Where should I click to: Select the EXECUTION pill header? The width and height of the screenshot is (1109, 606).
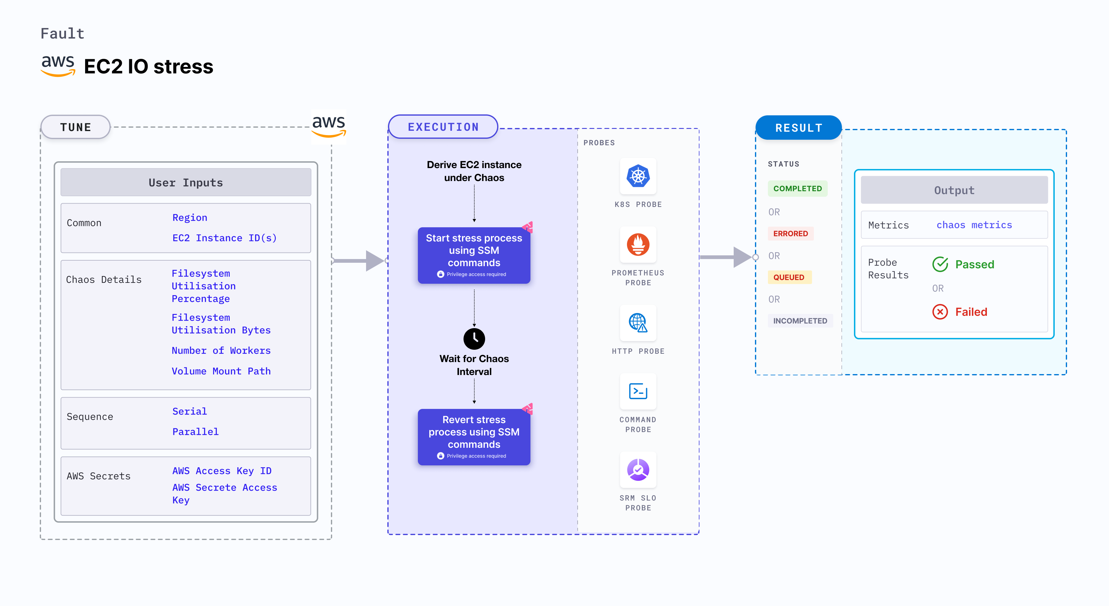tap(443, 127)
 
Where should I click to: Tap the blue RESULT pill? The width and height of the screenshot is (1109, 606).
tap(799, 128)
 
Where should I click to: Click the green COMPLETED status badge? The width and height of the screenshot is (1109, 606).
tap(797, 188)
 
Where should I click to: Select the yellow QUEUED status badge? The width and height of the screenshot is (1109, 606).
tap(789, 277)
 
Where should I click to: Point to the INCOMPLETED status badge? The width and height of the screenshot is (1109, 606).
tap(800, 321)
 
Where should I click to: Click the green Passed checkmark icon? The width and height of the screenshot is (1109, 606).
tap(940, 264)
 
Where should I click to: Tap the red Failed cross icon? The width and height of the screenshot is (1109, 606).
tap(940, 311)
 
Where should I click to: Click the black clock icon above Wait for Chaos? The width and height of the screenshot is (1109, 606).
tap(474, 339)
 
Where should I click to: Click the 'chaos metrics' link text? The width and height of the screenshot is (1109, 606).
tap(974, 225)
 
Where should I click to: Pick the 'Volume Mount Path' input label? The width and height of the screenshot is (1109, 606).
tap(221, 371)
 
